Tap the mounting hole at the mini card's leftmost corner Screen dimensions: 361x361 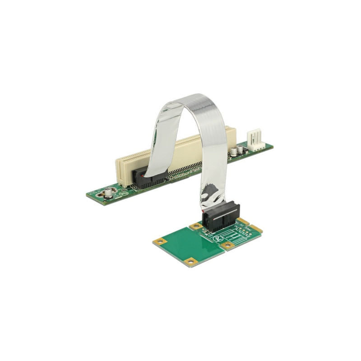pos(159,242)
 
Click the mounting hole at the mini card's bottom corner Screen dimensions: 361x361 pos(191,261)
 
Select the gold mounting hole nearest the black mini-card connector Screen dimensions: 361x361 pos(196,226)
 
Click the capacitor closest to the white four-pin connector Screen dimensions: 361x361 pos(235,150)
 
